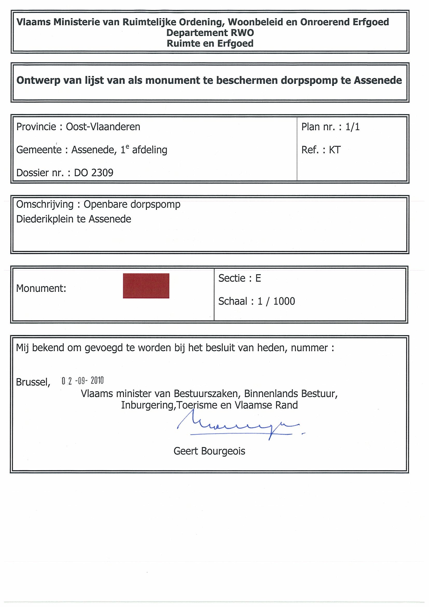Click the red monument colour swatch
click(x=146, y=286)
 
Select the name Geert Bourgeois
click(x=209, y=451)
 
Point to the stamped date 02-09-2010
click(x=82, y=381)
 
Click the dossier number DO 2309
click(x=94, y=173)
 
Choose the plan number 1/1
click(x=352, y=127)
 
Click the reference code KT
click(x=335, y=150)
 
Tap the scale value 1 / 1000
click(x=276, y=301)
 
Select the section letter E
click(x=258, y=278)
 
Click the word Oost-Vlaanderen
click(x=103, y=127)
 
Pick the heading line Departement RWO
click(x=210, y=33)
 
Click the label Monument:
click(x=41, y=288)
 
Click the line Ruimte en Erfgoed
click(x=210, y=43)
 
